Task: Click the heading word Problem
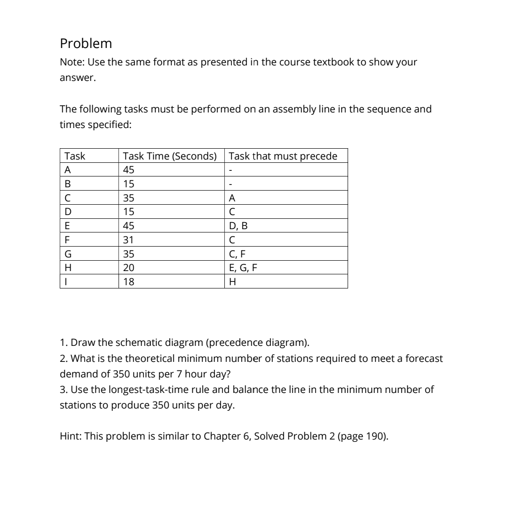(x=86, y=44)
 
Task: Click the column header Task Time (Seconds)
(x=169, y=156)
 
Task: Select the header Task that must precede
(x=283, y=156)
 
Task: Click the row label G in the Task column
(x=68, y=254)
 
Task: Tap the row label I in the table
(x=66, y=282)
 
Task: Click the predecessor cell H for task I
(x=232, y=282)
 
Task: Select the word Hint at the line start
(x=70, y=436)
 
